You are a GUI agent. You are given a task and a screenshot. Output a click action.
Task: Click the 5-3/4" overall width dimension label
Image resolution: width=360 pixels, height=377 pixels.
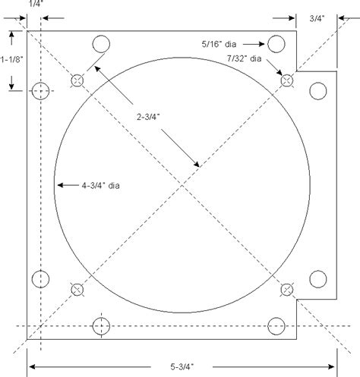click(182, 366)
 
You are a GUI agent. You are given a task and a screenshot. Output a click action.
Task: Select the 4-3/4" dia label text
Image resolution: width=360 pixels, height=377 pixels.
click(100, 185)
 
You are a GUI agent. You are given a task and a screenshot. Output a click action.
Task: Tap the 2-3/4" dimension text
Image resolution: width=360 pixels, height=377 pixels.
click(148, 117)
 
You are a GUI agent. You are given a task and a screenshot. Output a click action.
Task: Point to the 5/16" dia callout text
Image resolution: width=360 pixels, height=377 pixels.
click(219, 44)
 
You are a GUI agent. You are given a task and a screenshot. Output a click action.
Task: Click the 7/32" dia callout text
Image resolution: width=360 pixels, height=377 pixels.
click(244, 58)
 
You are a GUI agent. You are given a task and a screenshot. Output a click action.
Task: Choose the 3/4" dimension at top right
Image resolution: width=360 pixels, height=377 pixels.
click(317, 18)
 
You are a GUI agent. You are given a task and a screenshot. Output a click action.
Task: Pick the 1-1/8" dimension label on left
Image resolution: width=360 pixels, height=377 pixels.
click(11, 59)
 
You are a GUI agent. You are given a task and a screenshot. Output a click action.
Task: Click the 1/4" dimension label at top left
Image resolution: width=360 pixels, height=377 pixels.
click(36, 4)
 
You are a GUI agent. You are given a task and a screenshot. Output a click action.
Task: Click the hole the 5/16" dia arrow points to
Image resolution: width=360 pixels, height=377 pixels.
click(276, 44)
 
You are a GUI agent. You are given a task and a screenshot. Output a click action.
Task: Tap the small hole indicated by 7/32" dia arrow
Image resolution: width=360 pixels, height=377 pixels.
click(287, 80)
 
